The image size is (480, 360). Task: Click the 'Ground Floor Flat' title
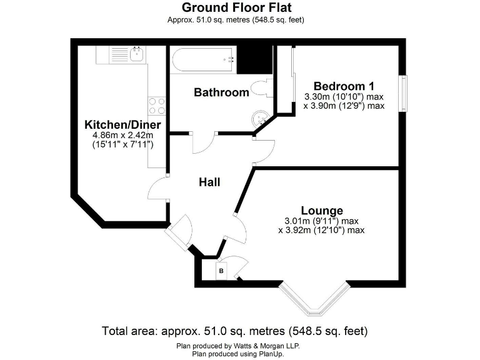point(236,7)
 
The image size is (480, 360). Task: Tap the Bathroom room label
point(221,92)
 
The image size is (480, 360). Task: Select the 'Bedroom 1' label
point(343,86)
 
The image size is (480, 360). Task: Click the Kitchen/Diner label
point(118,124)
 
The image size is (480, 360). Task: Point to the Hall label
point(209,182)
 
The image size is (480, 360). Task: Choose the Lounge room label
point(321,210)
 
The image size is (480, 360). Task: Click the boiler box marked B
point(221,270)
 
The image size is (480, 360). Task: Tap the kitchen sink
point(136,54)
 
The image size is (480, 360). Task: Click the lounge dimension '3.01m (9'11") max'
point(321,221)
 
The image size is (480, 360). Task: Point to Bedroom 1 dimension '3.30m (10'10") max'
point(343,97)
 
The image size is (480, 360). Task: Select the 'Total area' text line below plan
point(234,330)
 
